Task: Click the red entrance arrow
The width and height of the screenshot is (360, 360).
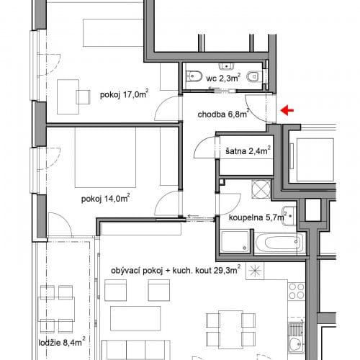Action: pyautogui.click(x=287, y=110)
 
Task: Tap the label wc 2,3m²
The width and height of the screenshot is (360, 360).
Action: pyautogui.click(x=223, y=78)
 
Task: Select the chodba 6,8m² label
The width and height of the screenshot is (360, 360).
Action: pyautogui.click(x=223, y=114)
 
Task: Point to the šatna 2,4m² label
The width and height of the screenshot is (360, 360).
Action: pyautogui.click(x=248, y=150)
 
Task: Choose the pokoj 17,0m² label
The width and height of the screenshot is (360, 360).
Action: pyautogui.click(x=124, y=94)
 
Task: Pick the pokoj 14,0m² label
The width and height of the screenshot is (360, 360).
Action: pyautogui.click(x=105, y=198)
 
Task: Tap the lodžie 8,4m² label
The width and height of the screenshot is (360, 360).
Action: pyautogui.click(x=62, y=342)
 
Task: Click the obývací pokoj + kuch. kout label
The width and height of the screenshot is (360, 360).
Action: pyautogui.click(x=176, y=270)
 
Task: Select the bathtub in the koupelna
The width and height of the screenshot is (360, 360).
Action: pyautogui.click(x=280, y=243)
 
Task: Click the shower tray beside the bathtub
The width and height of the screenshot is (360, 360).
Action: pyautogui.click(x=235, y=241)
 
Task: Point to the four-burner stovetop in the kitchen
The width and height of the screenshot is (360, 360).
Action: pyautogui.click(x=297, y=291)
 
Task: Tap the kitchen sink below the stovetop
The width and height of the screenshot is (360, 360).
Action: pyautogui.click(x=297, y=338)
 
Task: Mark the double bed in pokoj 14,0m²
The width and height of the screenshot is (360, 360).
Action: pyautogui.click(x=105, y=157)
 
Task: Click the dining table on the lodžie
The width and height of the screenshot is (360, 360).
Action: pyautogui.click(x=56, y=309)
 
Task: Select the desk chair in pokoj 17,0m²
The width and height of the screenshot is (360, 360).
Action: pyautogui.click(x=83, y=97)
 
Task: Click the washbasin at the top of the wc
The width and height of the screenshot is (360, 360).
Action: pyautogui.click(x=226, y=66)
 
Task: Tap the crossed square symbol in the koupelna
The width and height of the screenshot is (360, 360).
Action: pyautogui.click(x=261, y=189)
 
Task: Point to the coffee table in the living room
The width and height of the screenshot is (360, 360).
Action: pyautogui.click(x=135, y=318)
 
